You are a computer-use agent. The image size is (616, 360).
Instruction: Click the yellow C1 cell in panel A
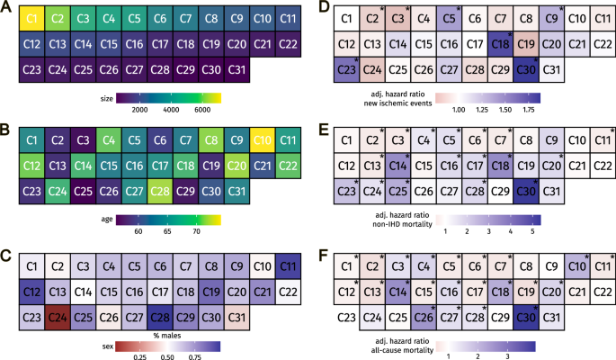tap(31, 19)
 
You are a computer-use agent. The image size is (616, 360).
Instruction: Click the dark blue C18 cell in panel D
tap(501, 43)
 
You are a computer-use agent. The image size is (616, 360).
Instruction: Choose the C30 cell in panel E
tap(527, 191)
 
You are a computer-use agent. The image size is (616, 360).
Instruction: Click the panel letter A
tap(6, 7)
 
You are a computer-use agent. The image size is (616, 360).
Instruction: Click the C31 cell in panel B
tap(237, 191)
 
